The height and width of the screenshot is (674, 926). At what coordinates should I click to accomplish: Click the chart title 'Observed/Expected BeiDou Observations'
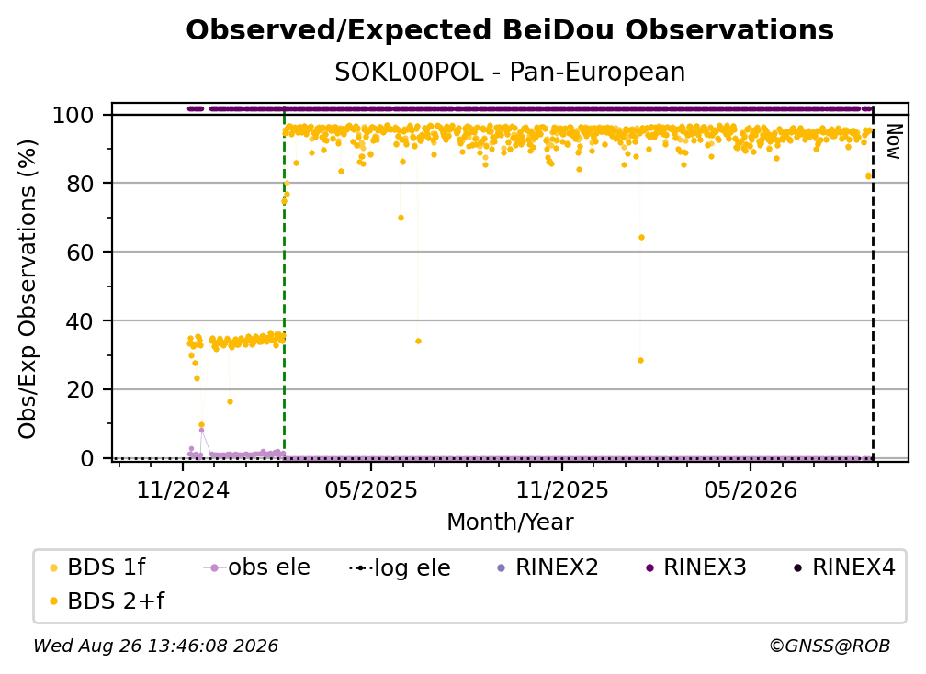tap(510, 30)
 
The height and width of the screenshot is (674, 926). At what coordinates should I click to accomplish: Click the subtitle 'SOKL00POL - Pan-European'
tap(510, 73)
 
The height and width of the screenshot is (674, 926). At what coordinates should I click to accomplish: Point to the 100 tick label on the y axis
tap(73, 115)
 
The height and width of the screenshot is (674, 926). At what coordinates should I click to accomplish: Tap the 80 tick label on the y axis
tap(80, 184)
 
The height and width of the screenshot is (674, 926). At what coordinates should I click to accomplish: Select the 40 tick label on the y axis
tap(80, 321)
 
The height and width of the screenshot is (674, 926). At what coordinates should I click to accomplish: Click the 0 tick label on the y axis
tap(87, 458)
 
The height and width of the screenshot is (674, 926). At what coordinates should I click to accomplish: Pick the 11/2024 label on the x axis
tap(183, 489)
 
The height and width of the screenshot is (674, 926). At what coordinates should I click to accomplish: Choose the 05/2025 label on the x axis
tap(371, 489)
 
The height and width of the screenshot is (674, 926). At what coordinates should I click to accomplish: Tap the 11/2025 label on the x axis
tap(562, 489)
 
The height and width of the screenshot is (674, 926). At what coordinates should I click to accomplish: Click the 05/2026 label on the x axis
tap(751, 489)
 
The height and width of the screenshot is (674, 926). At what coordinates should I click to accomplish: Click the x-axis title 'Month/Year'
tap(510, 522)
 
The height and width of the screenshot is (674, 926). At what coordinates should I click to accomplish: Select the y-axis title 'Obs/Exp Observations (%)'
tap(28, 289)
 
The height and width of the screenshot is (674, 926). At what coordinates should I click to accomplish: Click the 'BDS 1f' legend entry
tap(97, 567)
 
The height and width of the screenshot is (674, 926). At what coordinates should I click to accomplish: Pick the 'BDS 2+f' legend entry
tap(107, 601)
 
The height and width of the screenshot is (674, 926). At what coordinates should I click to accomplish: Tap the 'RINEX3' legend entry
tap(697, 567)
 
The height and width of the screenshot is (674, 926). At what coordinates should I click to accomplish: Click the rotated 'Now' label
tap(894, 141)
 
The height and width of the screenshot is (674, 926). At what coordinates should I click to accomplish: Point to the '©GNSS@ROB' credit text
tap(830, 646)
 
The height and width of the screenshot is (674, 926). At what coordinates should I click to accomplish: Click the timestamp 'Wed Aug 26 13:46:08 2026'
tap(156, 646)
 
